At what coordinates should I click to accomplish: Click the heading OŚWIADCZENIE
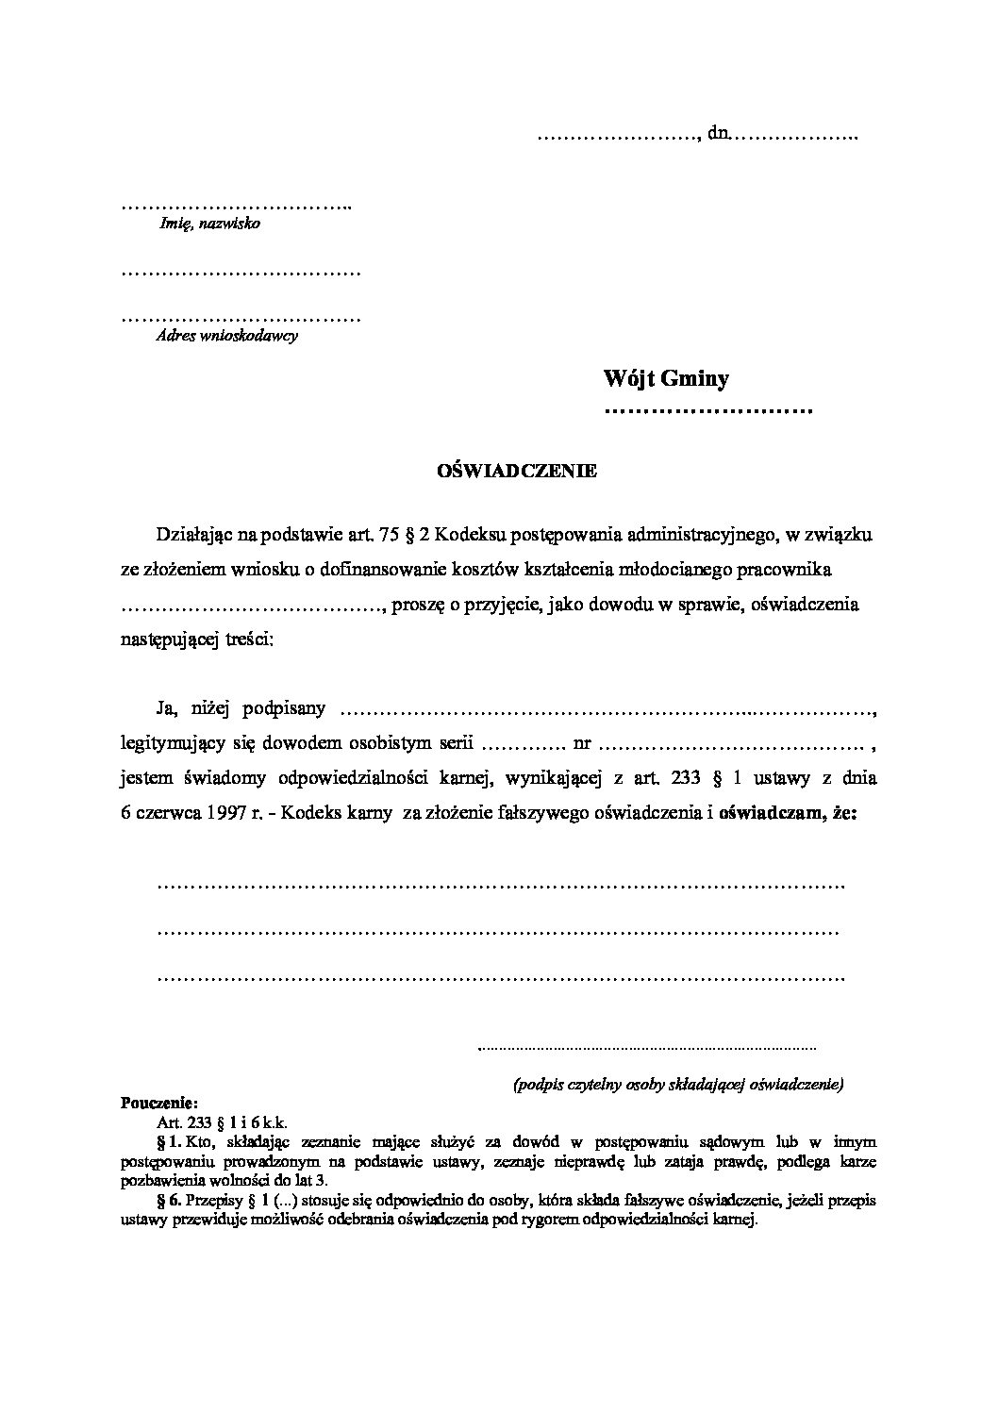(516, 472)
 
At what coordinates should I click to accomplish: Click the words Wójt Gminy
(666, 379)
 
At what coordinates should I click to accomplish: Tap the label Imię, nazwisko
(208, 224)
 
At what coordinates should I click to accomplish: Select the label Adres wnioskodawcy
(226, 335)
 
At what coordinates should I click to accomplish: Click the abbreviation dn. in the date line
(719, 135)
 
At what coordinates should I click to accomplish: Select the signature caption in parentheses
(677, 1085)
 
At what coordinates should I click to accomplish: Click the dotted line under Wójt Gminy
(707, 411)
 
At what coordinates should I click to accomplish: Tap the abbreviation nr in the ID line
(582, 743)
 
